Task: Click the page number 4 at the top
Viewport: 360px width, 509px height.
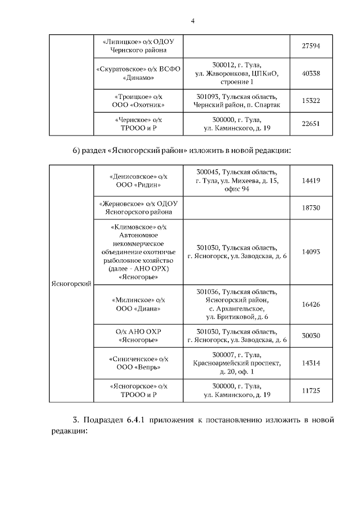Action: tap(192, 21)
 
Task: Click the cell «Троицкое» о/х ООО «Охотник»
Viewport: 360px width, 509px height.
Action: tap(138, 100)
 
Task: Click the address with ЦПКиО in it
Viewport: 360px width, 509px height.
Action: tap(236, 74)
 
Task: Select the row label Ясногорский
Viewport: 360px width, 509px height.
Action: tap(71, 285)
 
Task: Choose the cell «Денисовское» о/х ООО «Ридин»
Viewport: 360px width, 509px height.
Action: tap(138, 180)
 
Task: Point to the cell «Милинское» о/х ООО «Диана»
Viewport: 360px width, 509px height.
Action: tap(138, 304)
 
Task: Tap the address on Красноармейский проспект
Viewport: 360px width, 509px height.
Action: tap(236, 363)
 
